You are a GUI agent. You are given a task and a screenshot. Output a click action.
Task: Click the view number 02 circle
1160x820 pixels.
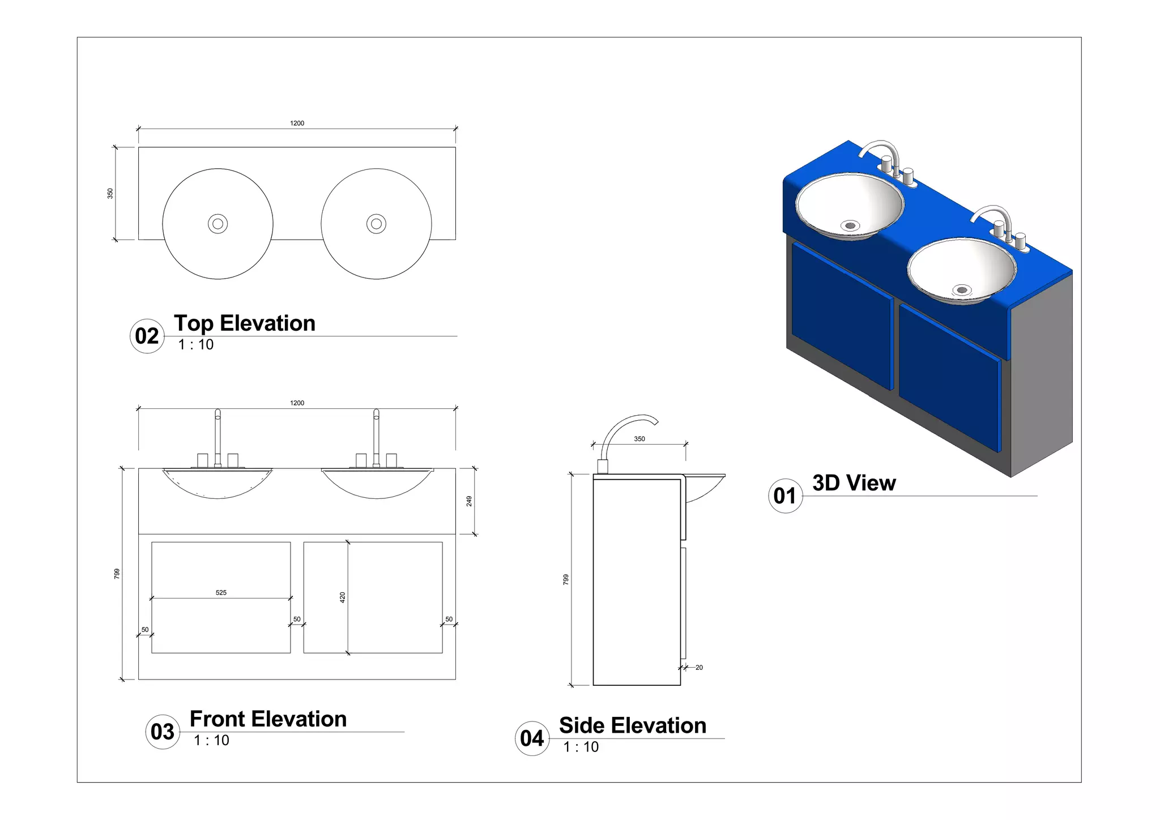147,336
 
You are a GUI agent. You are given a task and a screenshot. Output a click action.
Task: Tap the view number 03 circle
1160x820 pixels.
163,732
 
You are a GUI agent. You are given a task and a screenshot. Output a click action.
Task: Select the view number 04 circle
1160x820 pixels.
532,738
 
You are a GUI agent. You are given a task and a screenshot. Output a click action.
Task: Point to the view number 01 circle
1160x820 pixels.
785,496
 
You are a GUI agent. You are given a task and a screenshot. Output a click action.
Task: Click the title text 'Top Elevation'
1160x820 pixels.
244,323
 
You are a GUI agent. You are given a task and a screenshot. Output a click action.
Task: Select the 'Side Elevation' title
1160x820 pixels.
632,725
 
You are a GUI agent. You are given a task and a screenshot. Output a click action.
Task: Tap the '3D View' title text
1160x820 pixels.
854,483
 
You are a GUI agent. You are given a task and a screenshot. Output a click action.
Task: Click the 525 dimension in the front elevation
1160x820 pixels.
221,592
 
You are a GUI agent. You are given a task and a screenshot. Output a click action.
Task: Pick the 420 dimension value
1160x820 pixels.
342,597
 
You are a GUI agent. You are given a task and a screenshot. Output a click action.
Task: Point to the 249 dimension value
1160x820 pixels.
469,501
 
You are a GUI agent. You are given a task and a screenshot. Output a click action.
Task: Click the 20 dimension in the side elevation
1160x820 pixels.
699,668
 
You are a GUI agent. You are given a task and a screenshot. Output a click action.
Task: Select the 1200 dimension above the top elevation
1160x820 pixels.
297,123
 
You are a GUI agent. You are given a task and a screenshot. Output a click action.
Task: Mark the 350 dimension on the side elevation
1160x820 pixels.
639,439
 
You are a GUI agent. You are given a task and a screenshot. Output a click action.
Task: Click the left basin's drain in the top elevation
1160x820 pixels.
217,224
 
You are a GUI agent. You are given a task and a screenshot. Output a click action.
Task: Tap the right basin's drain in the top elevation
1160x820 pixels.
376,224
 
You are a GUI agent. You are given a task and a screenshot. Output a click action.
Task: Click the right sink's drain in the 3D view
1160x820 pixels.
961,291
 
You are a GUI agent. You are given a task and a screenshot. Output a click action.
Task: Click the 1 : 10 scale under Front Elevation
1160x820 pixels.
211,740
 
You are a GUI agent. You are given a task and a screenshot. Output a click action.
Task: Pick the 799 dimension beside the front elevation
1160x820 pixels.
117,574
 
